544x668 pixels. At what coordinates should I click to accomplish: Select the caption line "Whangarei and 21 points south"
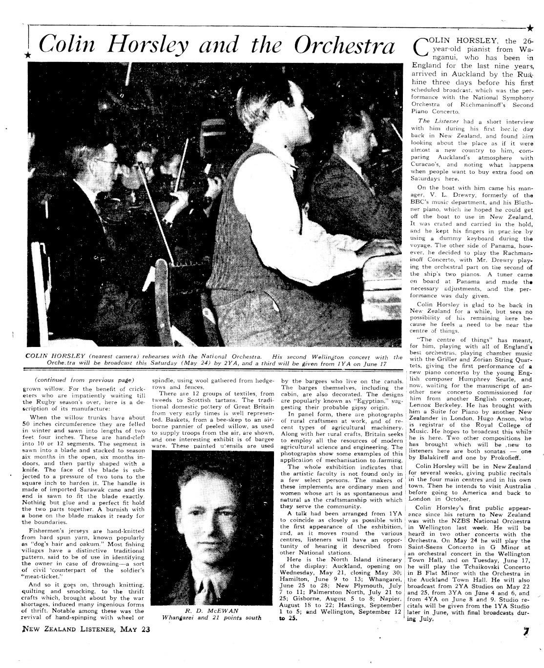211,617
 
